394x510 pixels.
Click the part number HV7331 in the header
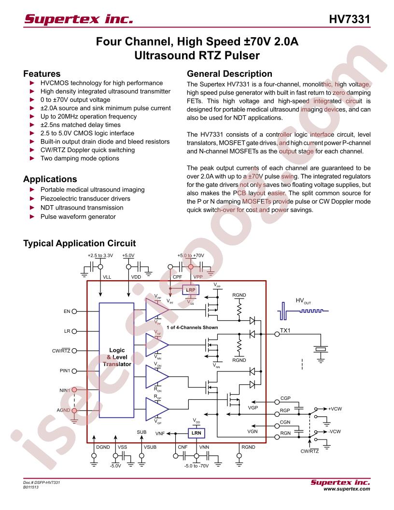(350, 19)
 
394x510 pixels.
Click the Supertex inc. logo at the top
(79, 19)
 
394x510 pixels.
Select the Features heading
(42, 74)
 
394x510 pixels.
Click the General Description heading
(229, 74)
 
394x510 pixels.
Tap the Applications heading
(50, 179)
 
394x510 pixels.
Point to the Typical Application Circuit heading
(79, 243)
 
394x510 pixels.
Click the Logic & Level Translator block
(116, 360)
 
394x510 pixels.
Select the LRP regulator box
(191, 290)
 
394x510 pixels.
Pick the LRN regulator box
(197, 433)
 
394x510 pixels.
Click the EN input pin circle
(74, 312)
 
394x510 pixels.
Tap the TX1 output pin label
(285, 330)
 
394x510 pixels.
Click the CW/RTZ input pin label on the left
(61, 351)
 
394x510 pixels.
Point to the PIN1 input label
(65, 370)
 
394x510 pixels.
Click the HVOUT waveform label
(303, 301)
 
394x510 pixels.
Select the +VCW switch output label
(335, 409)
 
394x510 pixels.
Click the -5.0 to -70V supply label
(197, 466)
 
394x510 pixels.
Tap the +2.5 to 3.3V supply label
(100, 255)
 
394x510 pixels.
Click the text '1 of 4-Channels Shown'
(192, 327)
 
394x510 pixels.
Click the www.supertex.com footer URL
(347, 489)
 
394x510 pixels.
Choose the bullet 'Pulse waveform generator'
(78, 217)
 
